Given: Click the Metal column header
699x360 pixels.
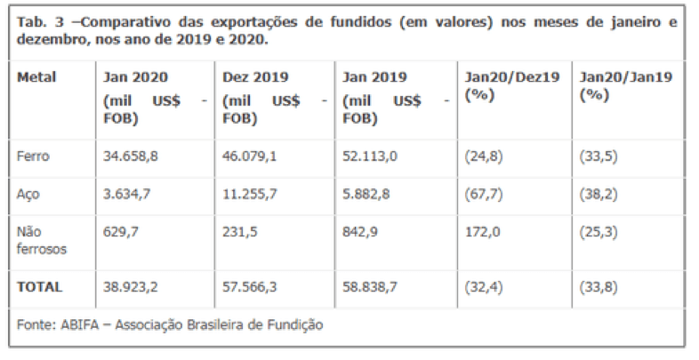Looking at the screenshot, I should pos(36,77).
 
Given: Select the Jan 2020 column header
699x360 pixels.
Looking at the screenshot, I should pos(136,77).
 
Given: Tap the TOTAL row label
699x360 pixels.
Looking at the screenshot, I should pos(39,286).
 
